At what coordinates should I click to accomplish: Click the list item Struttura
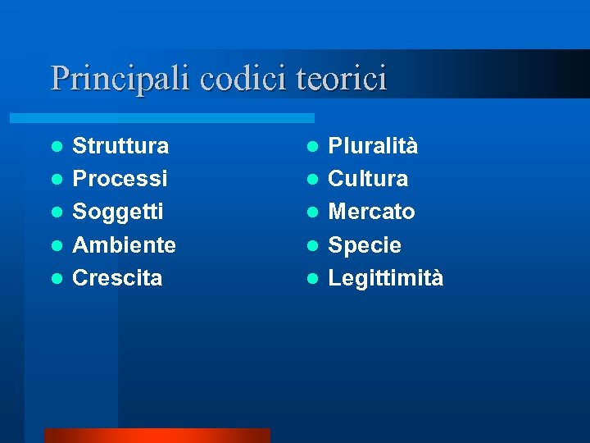pyautogui.click(x=121, y=146)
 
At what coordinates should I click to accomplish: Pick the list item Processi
pyautogui.click(x=120, y=179)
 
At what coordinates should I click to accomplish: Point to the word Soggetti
pyautogui.click(x=119, y=212)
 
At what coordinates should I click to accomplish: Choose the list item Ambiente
pyautogui.click(x=125, y=244)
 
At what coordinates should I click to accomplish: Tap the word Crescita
pyautogui.click(x=118, y=278)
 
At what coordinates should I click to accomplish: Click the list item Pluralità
pyautogui.click(x=373, y=146)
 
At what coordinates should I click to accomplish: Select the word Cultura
pyautogui.click(x=368, y=179)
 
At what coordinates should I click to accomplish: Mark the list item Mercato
pyautogui.click(x=371, y=212)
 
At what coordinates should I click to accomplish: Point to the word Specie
pyautogui.click(x=365, y=245)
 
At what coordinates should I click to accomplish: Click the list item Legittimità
pyautogui.click(x=386, y=278)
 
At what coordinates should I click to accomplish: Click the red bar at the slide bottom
pyautogui.click(x=157, y=435)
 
